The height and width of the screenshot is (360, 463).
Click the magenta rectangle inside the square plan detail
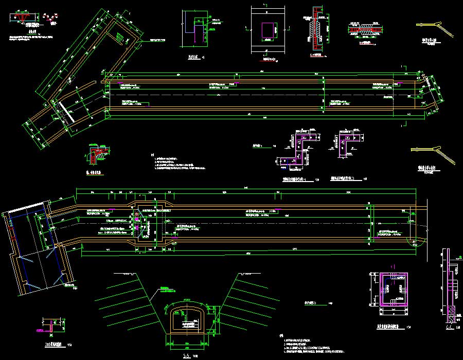pos(268,30)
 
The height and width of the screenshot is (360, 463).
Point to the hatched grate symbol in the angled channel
pos(120,37)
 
